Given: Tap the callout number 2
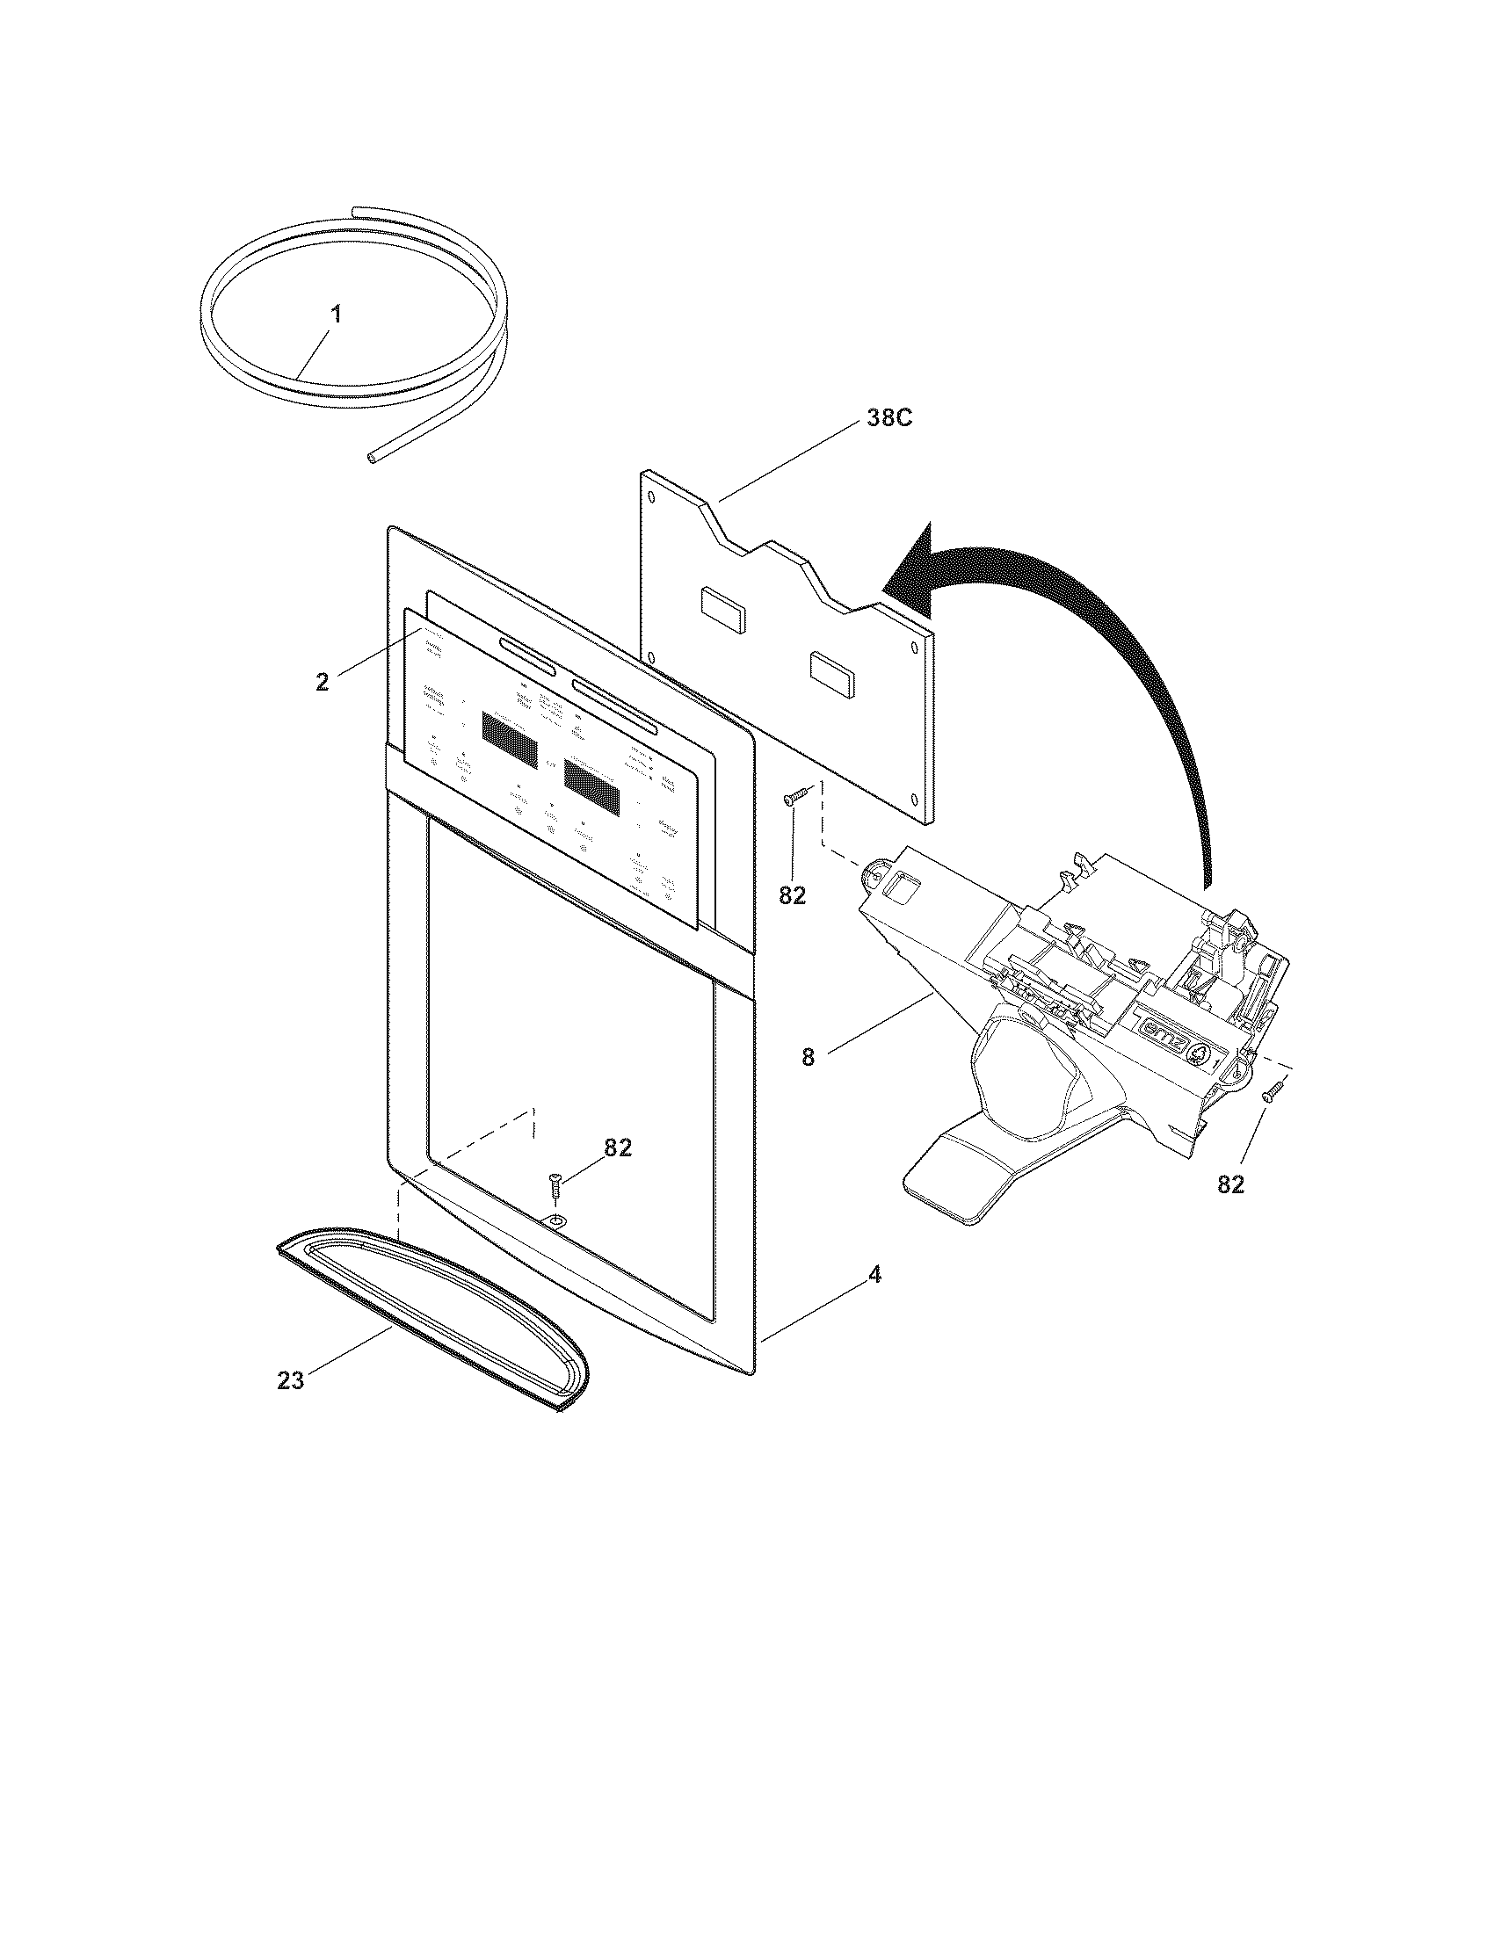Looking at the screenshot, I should [x=323, y=682].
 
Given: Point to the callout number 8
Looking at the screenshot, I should [x=807, y=1057].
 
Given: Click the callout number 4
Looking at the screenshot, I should [x=874, y=1276].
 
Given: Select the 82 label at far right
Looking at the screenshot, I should [x=1230, y=1184].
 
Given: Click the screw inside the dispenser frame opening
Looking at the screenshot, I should [x=555, y=1183].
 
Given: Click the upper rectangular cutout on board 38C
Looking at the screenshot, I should [x=722, y=603].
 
